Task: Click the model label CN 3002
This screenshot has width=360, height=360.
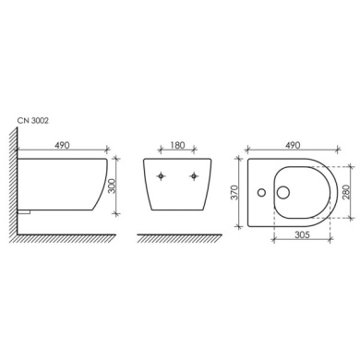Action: (33, 121)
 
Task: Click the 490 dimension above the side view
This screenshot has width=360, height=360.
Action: (62, 145)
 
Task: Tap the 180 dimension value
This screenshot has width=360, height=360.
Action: (177, 145)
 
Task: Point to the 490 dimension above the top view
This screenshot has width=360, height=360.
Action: (293, 145)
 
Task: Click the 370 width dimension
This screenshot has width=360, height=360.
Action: (234, 192)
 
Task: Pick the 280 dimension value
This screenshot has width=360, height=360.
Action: (346, 192)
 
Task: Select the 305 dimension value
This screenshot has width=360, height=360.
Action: (302, 234)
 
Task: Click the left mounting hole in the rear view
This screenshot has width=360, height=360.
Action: (161, 176)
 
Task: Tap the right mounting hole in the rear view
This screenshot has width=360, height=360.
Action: (194, 176)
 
